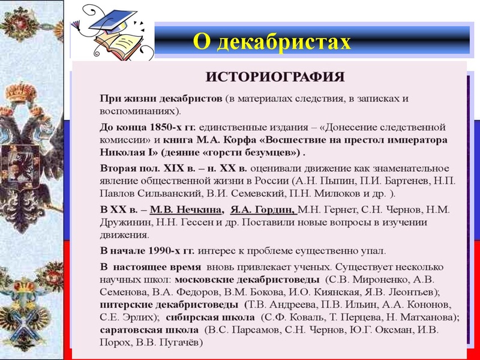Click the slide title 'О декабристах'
point(271,41)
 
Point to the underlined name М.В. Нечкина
point(185,210)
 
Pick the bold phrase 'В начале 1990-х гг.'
point(145,251)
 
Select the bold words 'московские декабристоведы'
point(247,280)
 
